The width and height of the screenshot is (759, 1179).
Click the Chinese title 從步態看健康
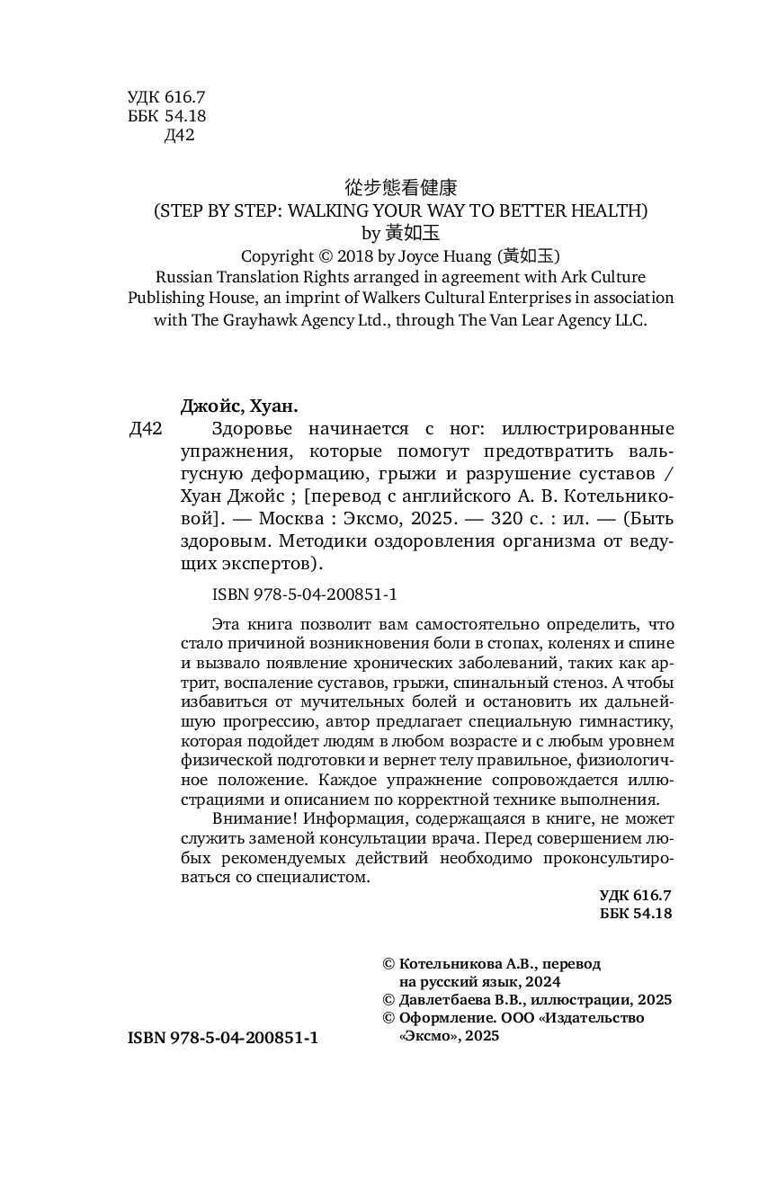[401, 188]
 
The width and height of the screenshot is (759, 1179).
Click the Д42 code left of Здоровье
[146, 429]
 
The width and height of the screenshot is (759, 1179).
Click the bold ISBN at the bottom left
[223, 1037]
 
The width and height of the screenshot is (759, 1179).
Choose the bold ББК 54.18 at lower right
[635, 914]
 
